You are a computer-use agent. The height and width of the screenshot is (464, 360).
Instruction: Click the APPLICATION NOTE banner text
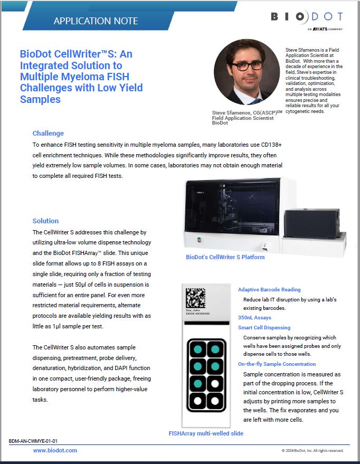[96, 21]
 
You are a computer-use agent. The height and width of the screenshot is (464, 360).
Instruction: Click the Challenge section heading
[48, 133]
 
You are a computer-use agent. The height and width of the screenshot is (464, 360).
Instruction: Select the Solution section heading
[45, 221]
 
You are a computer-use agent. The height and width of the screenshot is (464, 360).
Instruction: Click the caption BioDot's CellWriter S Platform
[225, 257]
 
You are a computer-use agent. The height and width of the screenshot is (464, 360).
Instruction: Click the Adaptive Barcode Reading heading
[269, 289]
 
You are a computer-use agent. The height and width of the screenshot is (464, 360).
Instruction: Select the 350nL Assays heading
[254, 318]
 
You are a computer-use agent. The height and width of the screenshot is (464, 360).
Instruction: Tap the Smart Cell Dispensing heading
[268, 328]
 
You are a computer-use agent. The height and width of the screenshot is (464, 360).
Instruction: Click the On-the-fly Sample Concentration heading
[277, 364]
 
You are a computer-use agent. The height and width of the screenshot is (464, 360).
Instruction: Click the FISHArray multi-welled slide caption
[205, 433]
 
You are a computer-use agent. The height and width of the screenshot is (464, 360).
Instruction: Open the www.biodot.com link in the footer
[55, 450]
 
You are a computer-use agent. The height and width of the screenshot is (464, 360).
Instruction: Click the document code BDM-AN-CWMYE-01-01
[33, 440]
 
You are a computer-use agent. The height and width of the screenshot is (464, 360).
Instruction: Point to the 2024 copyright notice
[312, 450]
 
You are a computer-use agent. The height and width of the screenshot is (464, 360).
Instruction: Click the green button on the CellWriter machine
[198, 239]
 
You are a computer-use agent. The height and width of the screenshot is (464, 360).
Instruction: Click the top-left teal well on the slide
[197, 349]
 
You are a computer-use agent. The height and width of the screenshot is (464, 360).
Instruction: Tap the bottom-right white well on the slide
[215, 400]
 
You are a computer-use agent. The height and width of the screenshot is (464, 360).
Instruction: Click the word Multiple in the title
[42, 77]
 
